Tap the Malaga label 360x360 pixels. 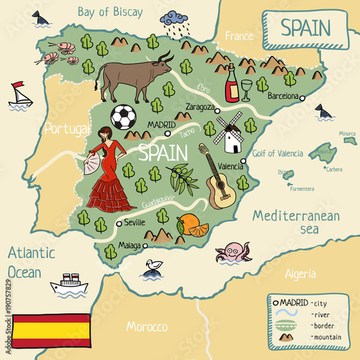[129, 245]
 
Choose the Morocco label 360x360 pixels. [147, 327]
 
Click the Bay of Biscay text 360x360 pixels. [110, 12]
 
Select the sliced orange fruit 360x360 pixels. [192, 226]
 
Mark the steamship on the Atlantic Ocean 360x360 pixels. [69, 283]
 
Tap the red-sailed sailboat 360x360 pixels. [20, 94]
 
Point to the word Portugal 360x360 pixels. [66, 129]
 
